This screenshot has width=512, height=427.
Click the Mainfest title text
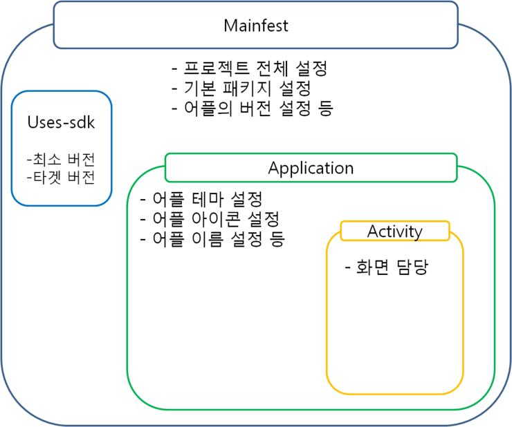256,26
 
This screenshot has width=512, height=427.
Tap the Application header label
311,169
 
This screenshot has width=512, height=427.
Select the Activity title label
395,231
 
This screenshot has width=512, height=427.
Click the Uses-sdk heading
61,123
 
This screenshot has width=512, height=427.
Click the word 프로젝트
216,68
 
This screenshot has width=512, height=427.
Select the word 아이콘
216,219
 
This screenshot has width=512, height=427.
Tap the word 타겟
47,178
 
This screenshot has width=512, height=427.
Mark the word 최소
47,160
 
